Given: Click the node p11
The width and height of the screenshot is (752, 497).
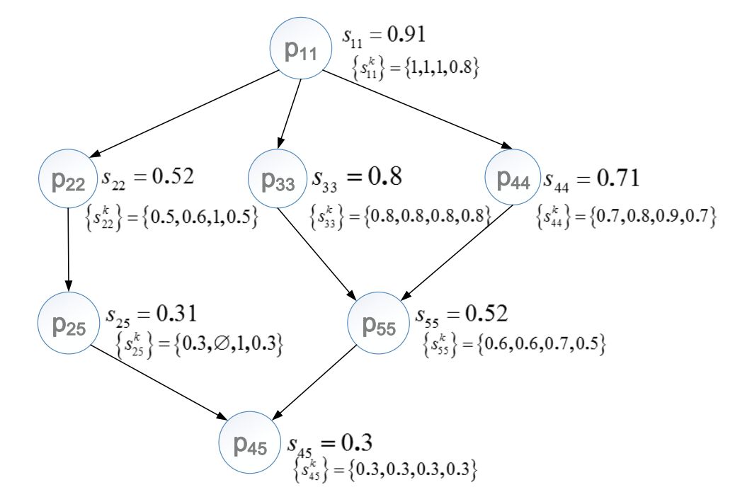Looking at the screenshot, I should pyautogui.click(x=300, y=50).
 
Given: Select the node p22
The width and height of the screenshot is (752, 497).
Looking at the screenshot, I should pyautogui.click(x=69, y=181).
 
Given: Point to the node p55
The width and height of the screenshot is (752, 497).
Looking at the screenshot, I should pyautogui.click(x=378, y=324).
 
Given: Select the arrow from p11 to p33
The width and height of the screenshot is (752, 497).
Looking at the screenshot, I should pyautogui.click(x=290, y=113).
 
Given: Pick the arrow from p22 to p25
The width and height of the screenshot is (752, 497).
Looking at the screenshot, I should pyautogui.click(x=69, y=251).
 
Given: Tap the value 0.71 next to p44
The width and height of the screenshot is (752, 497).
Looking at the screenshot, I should pyautogui.click(x=617, y=178).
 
